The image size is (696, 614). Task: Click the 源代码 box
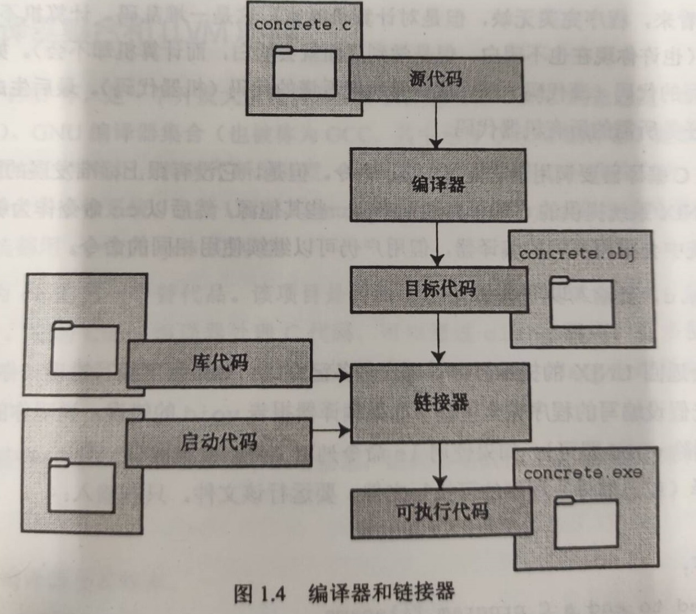click(436, 80)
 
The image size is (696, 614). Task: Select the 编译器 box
click(438, 184)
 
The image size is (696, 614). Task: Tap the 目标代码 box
click(439, 289)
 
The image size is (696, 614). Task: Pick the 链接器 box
click(441, 402)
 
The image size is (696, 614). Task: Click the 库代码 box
click(220, 363)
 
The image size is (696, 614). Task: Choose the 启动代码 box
click(219, 442)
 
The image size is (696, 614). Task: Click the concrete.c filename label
click(302, 25)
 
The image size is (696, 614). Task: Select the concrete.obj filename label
click(577, 254)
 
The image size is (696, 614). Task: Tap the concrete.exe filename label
click(583, 473)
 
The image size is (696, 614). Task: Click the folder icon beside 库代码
click(85, 349)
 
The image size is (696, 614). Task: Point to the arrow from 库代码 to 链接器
click(331, 377)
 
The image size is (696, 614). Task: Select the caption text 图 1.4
click(260, 594)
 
